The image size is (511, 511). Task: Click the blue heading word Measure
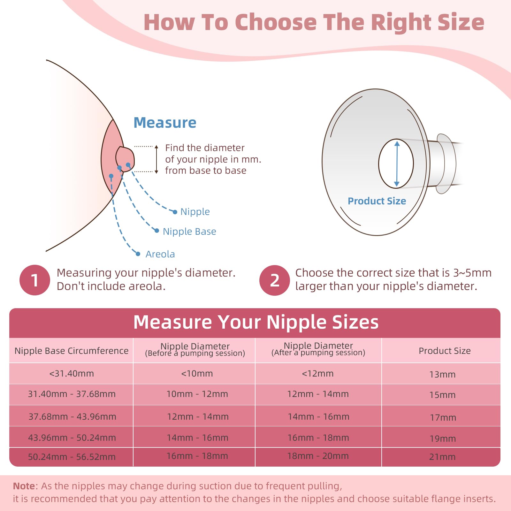point(165,123)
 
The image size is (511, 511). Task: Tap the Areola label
point(160,254)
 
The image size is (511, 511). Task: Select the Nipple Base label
point(189,232)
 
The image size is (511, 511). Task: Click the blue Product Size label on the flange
point(377,201)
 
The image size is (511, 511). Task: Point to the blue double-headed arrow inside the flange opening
point(397,164)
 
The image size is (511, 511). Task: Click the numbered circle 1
point(35,280)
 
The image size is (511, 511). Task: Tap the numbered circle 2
point(274,280)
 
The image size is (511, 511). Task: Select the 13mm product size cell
point(442,374)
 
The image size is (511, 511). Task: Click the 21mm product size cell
point(442,457)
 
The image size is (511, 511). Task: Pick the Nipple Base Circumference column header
point(71,351)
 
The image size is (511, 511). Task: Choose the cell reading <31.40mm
point(71,374)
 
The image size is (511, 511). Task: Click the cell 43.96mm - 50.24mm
point(72,438)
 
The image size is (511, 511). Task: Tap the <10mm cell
point(197,374)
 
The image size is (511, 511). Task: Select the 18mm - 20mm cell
point(318,456)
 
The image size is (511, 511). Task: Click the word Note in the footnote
point(24,486)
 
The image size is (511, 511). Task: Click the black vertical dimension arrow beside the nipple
point(156,159)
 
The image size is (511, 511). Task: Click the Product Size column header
point(445,351)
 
